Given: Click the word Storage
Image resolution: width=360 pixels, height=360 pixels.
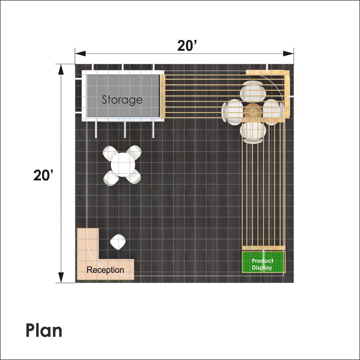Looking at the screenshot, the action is pos(122,100).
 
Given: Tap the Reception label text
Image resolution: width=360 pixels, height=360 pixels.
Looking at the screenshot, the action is pos(105,270).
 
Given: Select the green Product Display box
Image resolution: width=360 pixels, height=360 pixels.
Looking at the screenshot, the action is pos(264,262).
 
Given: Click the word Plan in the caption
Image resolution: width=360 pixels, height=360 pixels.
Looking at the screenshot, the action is pos(44,331).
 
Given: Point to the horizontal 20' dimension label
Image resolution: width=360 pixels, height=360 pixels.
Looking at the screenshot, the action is pos(187,46).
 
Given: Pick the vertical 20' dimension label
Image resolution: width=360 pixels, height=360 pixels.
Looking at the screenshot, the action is pos(43,175).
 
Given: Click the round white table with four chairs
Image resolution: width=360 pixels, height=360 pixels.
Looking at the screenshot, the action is pos(123,165).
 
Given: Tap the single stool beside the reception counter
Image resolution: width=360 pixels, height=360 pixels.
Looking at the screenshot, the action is pos(118,242).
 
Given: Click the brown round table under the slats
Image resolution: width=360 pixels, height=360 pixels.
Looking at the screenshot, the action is pos(253,112).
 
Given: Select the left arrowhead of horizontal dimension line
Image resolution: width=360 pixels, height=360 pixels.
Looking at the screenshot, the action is pos(80,54).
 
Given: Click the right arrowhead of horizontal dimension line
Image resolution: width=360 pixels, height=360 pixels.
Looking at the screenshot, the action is pos(288,54).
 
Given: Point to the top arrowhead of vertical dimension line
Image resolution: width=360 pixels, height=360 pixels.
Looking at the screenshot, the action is pos(61,69).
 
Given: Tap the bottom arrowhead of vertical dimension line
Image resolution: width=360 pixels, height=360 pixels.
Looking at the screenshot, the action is pos(61,278).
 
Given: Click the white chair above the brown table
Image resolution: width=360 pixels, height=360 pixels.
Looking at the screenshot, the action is pos(253,91).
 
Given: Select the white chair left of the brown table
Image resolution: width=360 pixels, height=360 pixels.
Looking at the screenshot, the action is pos(232,112).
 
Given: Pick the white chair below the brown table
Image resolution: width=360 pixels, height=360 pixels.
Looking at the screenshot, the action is pos(253,133).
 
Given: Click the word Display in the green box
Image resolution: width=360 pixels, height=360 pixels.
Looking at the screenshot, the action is pos(262,268).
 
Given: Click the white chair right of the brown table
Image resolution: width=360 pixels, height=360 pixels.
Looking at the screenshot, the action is pos(273,112).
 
